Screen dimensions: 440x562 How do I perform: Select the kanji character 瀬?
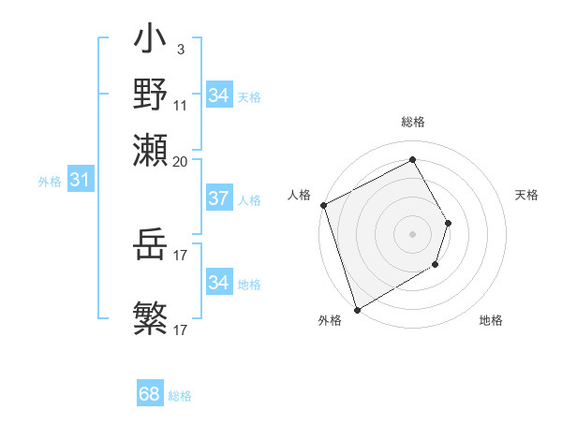[150, 150]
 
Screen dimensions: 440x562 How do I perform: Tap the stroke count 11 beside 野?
[180, 106]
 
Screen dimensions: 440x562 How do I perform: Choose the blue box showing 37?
[218, 198]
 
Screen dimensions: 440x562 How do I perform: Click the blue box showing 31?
[80, 180]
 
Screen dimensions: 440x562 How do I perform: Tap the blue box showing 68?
[149, 395]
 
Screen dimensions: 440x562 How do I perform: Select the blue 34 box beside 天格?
[218, 95]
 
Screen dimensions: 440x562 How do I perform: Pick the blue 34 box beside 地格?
[218, 282]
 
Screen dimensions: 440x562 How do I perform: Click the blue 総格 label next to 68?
[180, 396]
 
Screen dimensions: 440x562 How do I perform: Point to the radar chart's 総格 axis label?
[412, 122]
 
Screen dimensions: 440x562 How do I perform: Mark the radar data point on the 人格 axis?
[323, 205]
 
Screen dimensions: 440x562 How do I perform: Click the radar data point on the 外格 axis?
[357, 309]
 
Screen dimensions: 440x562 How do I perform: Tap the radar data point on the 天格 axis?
[449, 223]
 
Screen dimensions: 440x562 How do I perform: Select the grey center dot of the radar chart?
[412, 234]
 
